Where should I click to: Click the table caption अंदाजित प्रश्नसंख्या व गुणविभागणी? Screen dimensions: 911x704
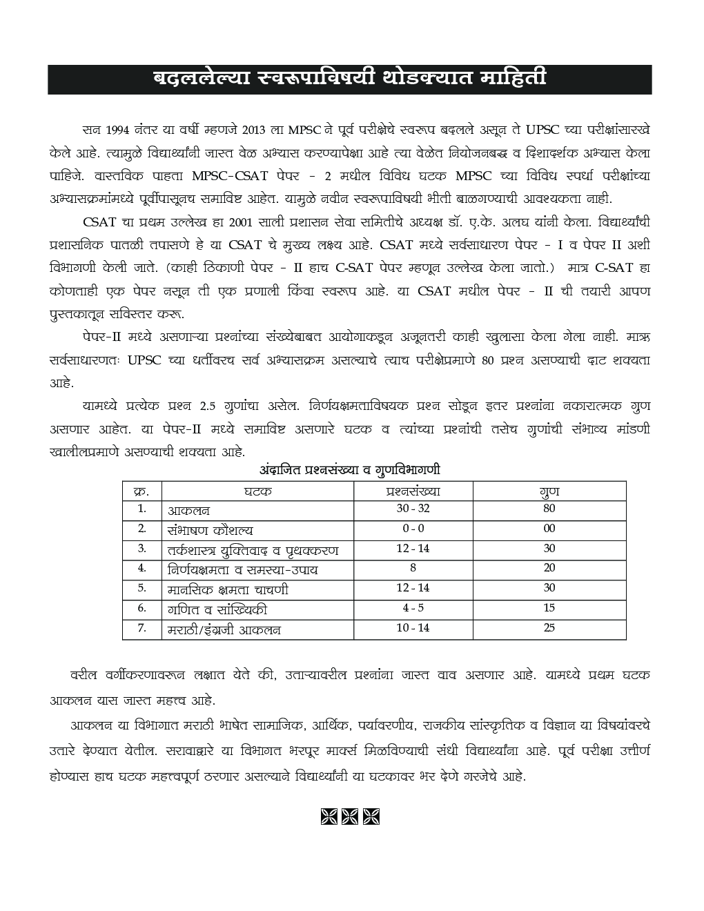click(351, 469)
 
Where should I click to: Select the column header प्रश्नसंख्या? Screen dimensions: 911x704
click(413, 491)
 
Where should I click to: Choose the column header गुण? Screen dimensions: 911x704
click(549, 491)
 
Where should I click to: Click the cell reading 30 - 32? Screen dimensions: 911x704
click(413, 509)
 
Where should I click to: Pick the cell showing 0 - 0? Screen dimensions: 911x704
click(413, 529)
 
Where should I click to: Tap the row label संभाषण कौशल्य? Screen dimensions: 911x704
click(210, 530)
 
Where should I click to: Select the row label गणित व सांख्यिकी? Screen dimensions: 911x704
click(217, 610)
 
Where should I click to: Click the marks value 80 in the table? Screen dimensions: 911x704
click(549, 509)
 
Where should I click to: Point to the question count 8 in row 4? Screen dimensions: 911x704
click(413, 569)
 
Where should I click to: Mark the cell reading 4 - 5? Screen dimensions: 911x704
click(413, 609)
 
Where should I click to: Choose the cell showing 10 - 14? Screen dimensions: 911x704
click(413, 628)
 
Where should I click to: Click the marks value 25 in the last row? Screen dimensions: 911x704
click(549, 628)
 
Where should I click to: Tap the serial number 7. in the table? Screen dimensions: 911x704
click(141, 628)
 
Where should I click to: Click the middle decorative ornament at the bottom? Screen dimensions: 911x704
click(351, 816)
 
